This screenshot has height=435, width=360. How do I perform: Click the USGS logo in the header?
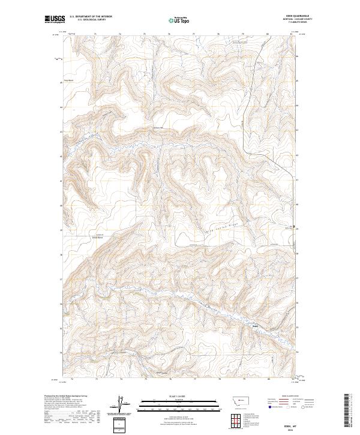tap(55, 19)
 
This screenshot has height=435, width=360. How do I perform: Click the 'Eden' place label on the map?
tap(255, 327)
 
